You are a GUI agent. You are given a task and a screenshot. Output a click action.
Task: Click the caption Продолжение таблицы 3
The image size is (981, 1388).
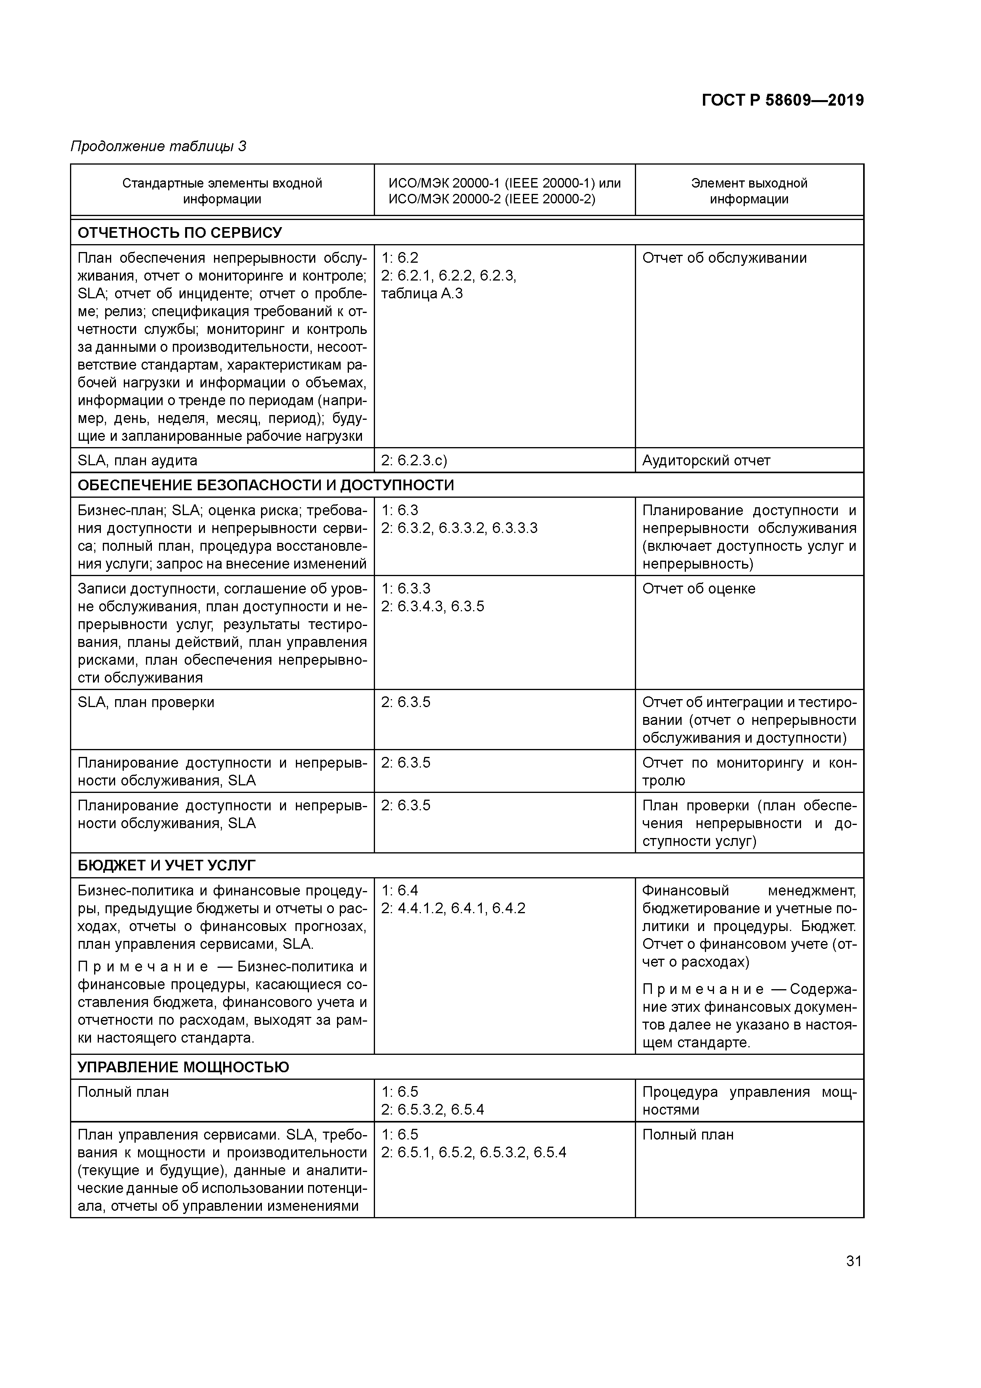(158, 146)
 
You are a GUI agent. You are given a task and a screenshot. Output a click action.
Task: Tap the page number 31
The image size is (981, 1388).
(854, 1261)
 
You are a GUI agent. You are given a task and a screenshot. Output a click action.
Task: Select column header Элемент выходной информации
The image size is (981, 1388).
(749, 191)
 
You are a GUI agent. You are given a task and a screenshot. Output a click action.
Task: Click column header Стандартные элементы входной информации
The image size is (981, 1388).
(222, 191)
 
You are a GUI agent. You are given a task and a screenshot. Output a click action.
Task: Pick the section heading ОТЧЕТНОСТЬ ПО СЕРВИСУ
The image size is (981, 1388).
(180, 233)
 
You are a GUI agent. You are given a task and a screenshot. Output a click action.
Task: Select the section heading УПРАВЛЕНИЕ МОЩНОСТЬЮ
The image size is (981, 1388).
(183, 1067)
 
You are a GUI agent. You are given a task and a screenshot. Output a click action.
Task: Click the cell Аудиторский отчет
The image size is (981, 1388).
(706, 461)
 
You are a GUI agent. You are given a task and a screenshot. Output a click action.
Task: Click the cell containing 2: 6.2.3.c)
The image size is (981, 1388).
(414, 461)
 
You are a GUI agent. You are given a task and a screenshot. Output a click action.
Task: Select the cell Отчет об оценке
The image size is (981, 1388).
(699, 589)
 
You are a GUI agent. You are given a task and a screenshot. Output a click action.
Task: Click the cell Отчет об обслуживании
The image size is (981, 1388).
(724, 258)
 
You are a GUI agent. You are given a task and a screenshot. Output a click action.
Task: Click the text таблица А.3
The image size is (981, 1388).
(422, 294)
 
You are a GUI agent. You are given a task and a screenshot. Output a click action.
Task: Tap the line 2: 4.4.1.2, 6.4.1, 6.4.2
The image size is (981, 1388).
(453, 908)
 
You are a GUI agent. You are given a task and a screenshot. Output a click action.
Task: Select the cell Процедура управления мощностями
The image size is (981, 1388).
(749, 1101)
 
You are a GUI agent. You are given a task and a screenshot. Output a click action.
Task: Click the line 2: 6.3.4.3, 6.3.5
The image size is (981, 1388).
(433, 606)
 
